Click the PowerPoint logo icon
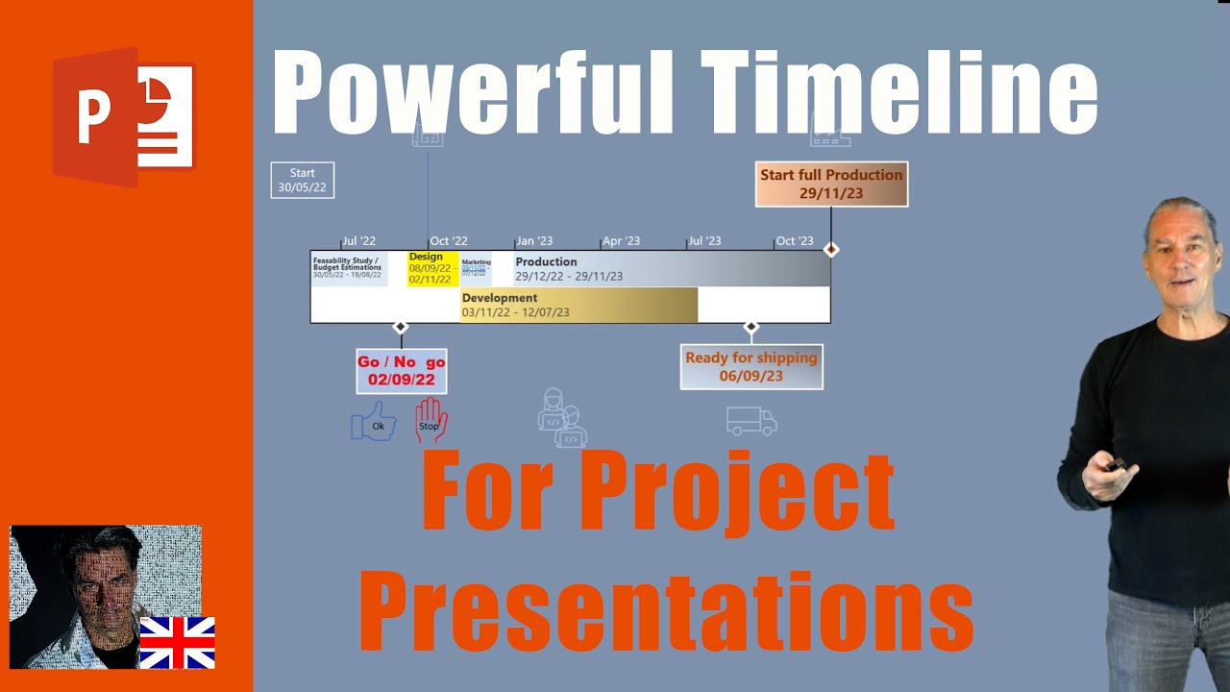pyautogui.click(x=123, y=116)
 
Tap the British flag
pyautogui.click(x=177, y=643)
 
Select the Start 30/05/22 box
pyautogui.click(x=302, y=181)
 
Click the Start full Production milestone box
pyautogui.click(x=831, y=184)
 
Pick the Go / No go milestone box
pyautogui.click(x=402, y=371)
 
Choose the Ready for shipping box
pyautogui.click(x=751, y=366)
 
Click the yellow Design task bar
pyautogui.click(x=432, y=268)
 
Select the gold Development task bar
pyautogui.click(x=578, y=305)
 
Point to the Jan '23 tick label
pyautogui.click(x=534, y=241)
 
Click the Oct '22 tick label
pyautogui.click(x=449, y=241)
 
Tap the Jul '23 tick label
pyautogui.click(x=704, y=241)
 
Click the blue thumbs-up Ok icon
pyautogui.click(x=374, y=422)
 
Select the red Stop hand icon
pyautogui.click(x=430, y=421)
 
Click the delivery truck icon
pyautogui.click(x=751, y=421)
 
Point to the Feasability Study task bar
pyautogui.click(x=349, y=268)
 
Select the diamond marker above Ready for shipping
pyautogui.click(x=751, y=328)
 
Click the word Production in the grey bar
pyautogui.click(x=546, y=261)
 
